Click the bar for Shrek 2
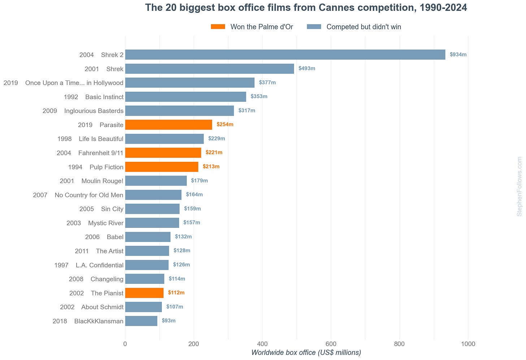coord(285,55)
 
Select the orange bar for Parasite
coord(169,125)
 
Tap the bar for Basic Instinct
coord(186,97)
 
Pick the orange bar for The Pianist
coord(144,293)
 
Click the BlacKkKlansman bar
coord(141,321)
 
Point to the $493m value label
coord(307,68)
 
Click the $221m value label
coord(214,152)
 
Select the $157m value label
coord(191,222)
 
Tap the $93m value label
coord(169,321)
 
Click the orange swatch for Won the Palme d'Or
coord(218,26)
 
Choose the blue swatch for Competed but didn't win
coord(314,26)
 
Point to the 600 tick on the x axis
coord(331,344)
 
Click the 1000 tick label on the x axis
coord(468,344)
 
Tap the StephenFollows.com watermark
coord(519,187)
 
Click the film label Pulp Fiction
coord(106,167)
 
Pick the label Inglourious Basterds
coord(94,111)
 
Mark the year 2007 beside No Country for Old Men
coord(40,195)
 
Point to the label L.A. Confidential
coord(100,265)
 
